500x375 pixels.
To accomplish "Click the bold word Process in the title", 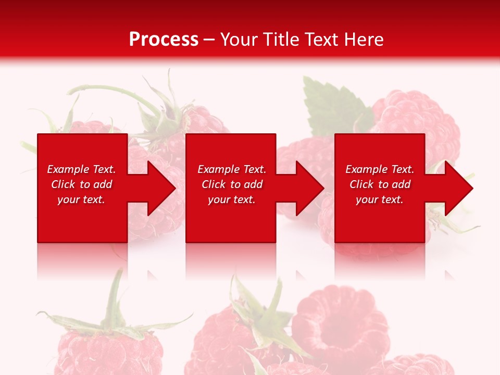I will click(164, 40).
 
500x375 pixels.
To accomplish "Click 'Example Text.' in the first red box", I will click(81, 169).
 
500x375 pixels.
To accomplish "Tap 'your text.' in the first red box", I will click(81, 199).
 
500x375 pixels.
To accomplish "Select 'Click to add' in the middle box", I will click(232, 184).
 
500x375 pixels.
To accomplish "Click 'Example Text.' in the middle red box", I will click(232, 169).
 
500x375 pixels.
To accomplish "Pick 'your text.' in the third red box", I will click(380, 199).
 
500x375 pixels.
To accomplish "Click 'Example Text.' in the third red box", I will click(380, 169).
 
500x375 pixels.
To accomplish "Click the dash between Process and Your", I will click(209, 40).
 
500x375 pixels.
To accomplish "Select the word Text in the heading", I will click(320, 40).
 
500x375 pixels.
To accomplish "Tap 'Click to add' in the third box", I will click(380, 184).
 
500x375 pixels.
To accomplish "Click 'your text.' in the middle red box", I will click(232, 199).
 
